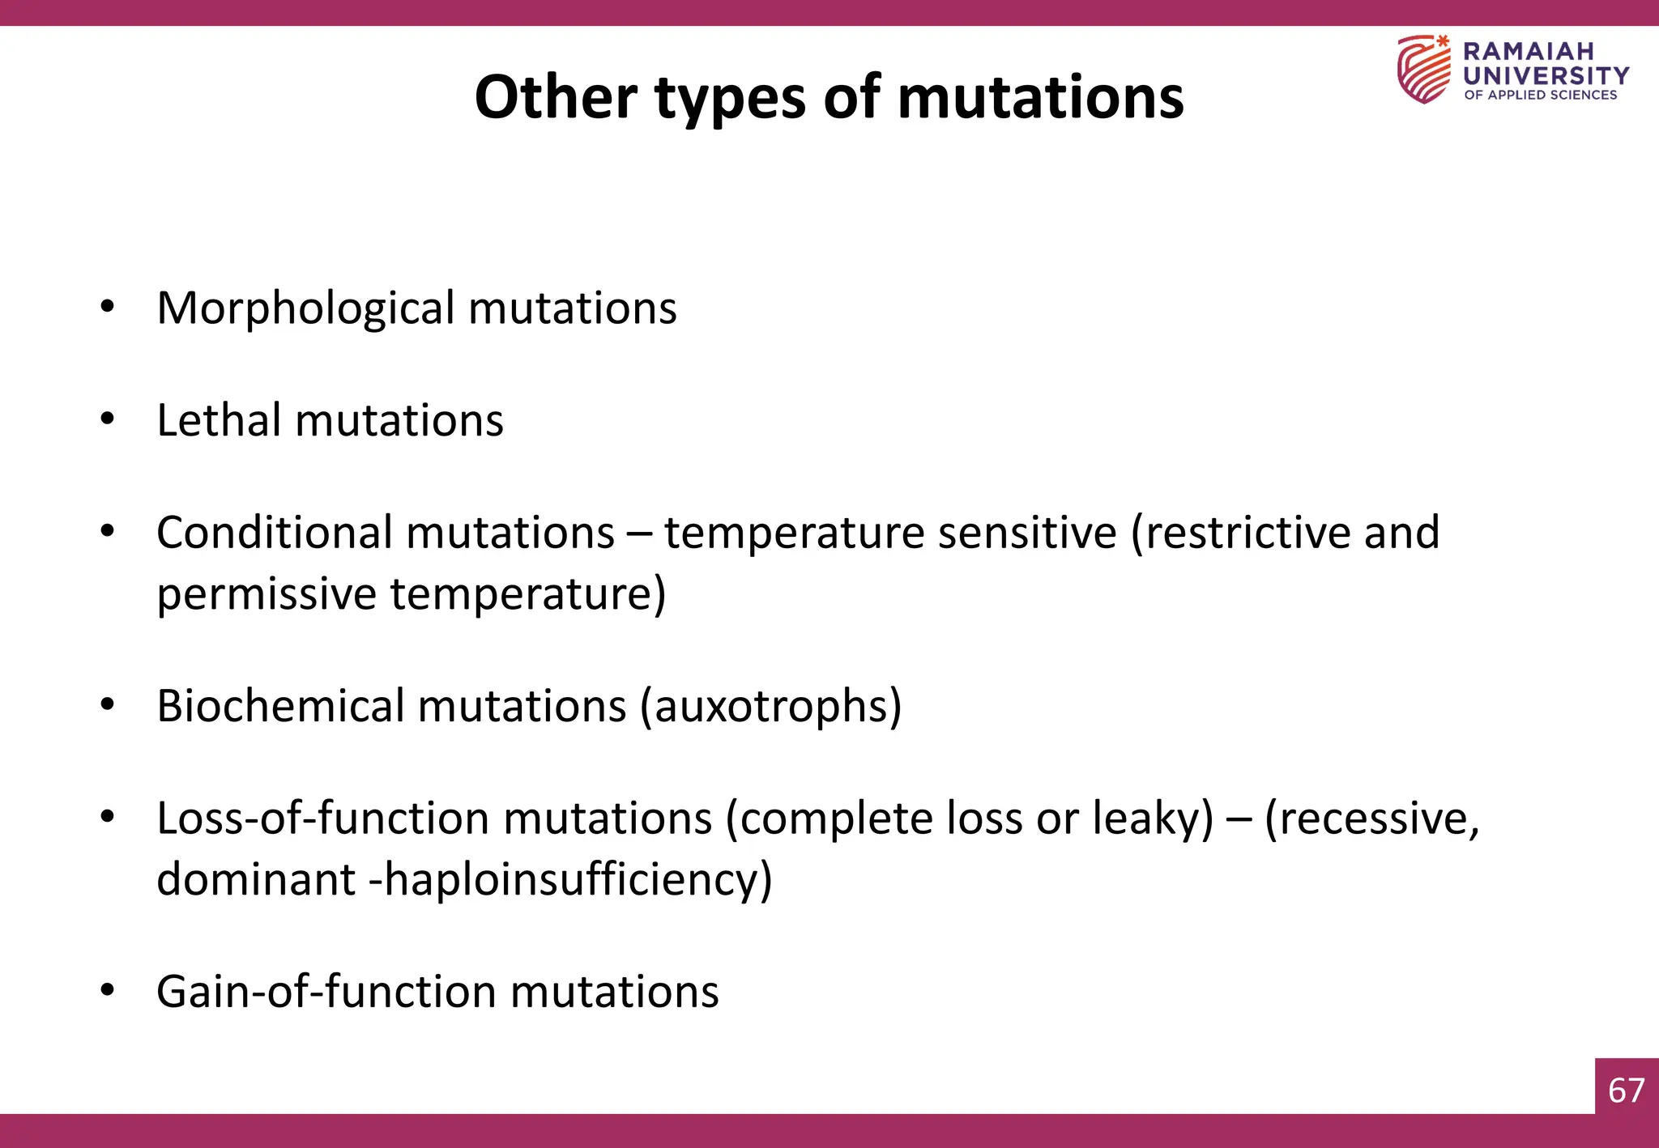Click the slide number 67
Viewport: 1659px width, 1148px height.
click(1626, 1091)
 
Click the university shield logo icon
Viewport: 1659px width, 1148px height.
click(1423, 70)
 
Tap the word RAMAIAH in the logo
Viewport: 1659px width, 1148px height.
click(1528, 51)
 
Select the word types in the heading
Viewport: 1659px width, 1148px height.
click(730, 99)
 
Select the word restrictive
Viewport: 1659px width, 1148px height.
click(1248, 533)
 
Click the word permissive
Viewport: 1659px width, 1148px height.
click(267, 595)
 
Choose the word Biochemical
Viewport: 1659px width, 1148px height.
click(280, 706)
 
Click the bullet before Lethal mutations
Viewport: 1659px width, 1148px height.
click(107, 419)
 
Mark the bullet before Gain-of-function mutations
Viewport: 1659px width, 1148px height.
click(107, 991)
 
